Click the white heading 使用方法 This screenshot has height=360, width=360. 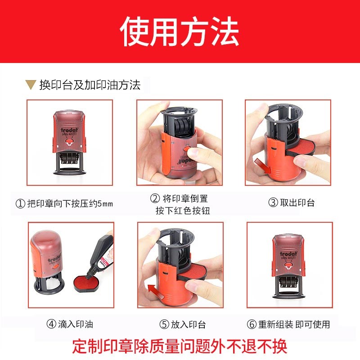click(180, 32)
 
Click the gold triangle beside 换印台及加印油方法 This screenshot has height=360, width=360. click(31, 84)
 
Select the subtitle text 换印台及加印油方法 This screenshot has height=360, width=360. click(90, 85)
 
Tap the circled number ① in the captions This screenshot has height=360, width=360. click(20, 204)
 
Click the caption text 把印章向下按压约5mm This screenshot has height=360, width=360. click(69, 204)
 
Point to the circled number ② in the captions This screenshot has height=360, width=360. click(155, 198)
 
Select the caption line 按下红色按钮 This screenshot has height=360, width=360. click(183, 211)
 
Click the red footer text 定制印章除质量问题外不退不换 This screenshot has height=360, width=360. click(180, 346)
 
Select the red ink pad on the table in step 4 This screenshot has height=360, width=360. click(85, 283)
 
